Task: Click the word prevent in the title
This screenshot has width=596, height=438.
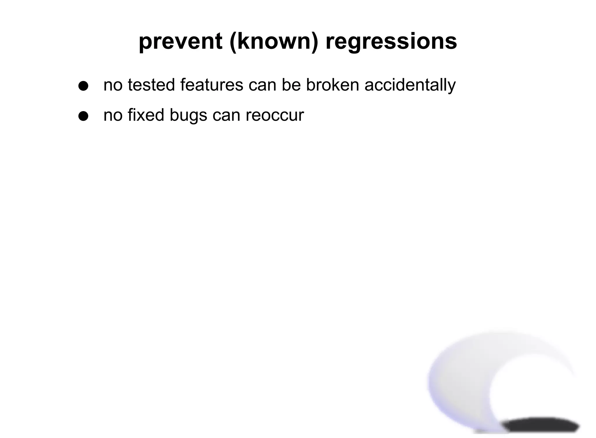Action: click(180, 41)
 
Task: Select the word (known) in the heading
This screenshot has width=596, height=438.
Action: click(274, 41)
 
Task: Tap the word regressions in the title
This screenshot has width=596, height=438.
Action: click(391, 41)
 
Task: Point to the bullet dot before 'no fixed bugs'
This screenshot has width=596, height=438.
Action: click(83, 116)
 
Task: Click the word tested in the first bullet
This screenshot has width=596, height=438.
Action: click(151, 85)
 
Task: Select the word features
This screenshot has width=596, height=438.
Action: click(212, 85)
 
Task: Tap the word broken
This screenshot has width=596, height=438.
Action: click(332, 85)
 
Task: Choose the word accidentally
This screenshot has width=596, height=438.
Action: click(410, 85)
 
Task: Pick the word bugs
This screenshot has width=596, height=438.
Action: click(188, 115)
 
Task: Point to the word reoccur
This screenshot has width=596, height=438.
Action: click(274, 115)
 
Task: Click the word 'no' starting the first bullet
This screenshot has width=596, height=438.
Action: click(113, 85)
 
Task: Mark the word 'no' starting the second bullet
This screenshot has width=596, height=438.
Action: click(113, 115)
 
